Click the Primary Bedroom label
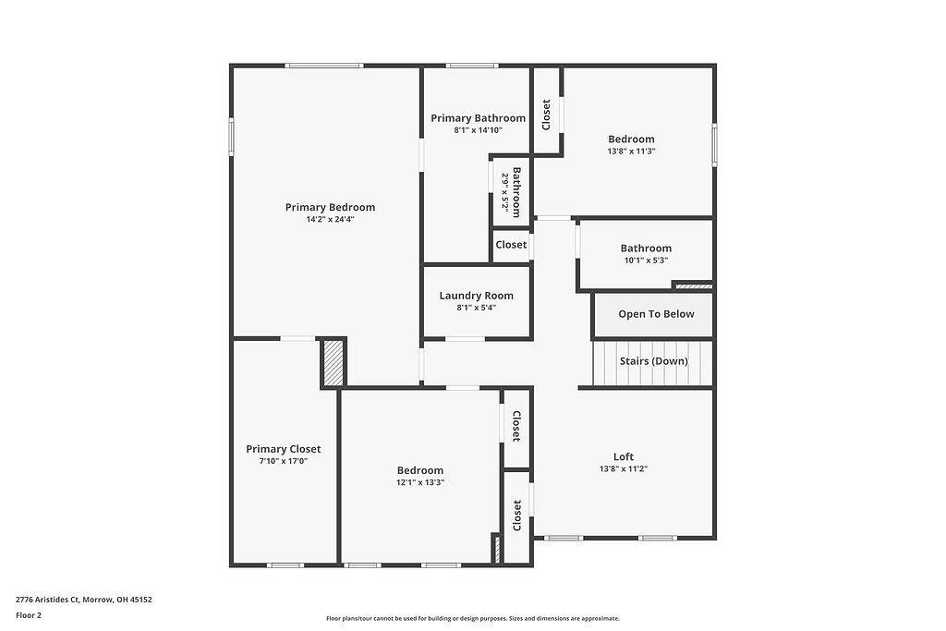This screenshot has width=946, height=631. point(330,208)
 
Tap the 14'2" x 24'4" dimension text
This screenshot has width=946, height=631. point(330,220)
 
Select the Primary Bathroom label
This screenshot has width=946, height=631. point(478,118)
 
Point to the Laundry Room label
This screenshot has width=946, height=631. point(477,296)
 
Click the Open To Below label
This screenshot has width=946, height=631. point(657,314)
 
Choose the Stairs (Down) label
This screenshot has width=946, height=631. point(654,360)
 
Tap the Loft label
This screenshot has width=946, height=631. point(624,456)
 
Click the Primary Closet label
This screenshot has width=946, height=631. point(283,449)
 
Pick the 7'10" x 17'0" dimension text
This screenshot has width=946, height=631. point(283,461)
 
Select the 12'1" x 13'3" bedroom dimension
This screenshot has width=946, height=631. point(420,482)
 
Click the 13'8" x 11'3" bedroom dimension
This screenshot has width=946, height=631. point(631,152)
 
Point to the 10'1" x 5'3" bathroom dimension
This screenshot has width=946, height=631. point(646,261)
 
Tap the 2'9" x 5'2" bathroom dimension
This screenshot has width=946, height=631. point(505,192)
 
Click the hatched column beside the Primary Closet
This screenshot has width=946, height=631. point(333,362)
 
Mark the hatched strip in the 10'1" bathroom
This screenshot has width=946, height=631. point(693,286)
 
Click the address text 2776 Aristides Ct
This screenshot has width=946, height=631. point(48,600)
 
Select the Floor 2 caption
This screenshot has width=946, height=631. point(29,615)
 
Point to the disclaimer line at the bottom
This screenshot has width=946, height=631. point(473,618)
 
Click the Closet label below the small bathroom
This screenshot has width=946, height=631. point(511,245)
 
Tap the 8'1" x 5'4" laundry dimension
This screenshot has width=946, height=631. point(477,308)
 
